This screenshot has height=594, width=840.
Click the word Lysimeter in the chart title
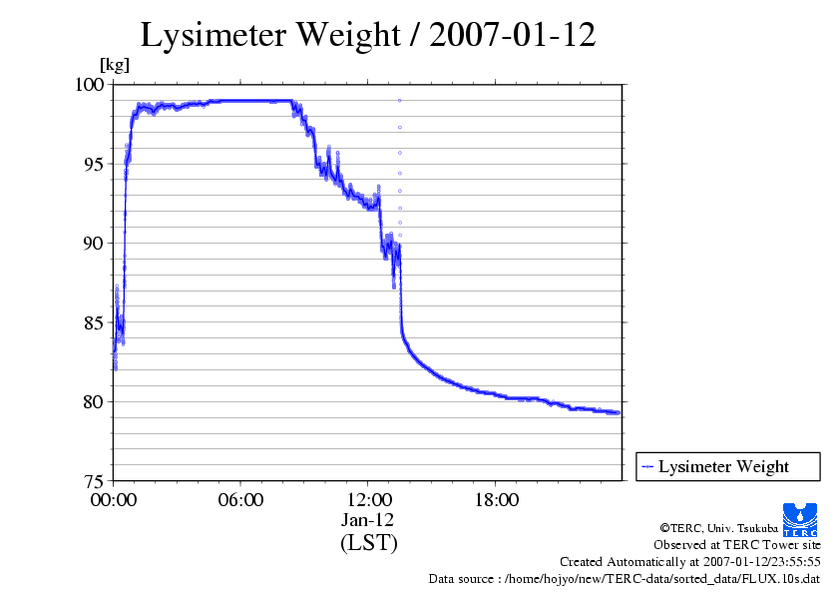(211, 36)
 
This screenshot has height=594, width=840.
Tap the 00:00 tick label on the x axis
(114, 500)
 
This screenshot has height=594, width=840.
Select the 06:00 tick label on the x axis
(240, 500)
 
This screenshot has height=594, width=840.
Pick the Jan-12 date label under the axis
(368, 520)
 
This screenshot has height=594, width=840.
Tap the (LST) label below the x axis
(368, 543)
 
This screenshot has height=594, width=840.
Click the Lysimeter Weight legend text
(723, 466)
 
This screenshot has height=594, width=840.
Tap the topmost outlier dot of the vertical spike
(399, 100)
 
